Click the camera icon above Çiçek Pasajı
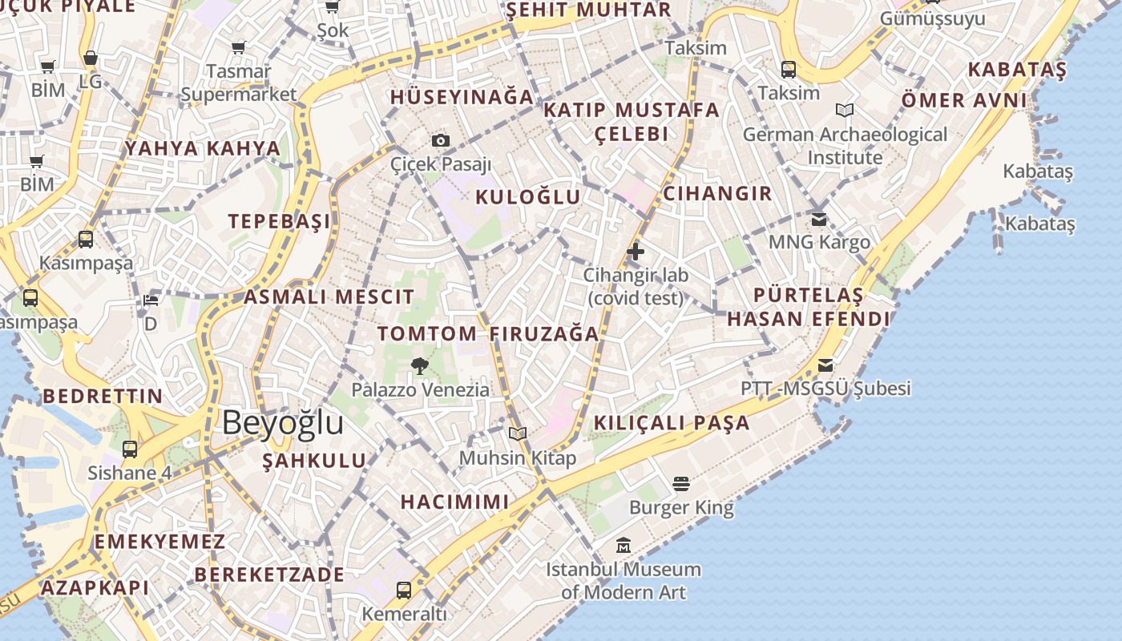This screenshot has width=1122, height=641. point(440,141)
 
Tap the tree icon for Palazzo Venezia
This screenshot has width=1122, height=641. point(419,367)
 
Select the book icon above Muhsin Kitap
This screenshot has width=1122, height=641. point(518,434)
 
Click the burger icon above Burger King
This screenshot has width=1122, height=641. point(681,484)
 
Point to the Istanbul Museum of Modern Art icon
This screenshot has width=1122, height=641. point(624,546)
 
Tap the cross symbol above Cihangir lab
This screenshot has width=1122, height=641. point(635,252)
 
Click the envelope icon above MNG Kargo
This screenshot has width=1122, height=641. point(818,219)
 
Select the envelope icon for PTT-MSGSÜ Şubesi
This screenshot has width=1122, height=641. point(825,366)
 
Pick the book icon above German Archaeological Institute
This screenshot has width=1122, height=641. point(844,111)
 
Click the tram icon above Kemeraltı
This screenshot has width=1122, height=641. point(404,591)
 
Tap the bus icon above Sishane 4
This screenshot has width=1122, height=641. point(130,450)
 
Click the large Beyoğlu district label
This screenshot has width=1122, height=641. point(282,423)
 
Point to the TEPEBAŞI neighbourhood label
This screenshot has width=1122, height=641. point(279,222)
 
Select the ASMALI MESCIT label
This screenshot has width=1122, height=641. point(329,297)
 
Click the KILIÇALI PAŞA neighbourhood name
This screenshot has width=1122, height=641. point(672,423)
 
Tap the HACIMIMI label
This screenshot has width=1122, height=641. point(454,502)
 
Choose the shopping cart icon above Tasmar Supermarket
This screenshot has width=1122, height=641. point(238,48)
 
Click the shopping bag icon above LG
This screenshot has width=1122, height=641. point(91,58)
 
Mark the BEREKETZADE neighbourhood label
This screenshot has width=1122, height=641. point(269,574)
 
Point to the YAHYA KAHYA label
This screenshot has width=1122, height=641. point(203,148)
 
